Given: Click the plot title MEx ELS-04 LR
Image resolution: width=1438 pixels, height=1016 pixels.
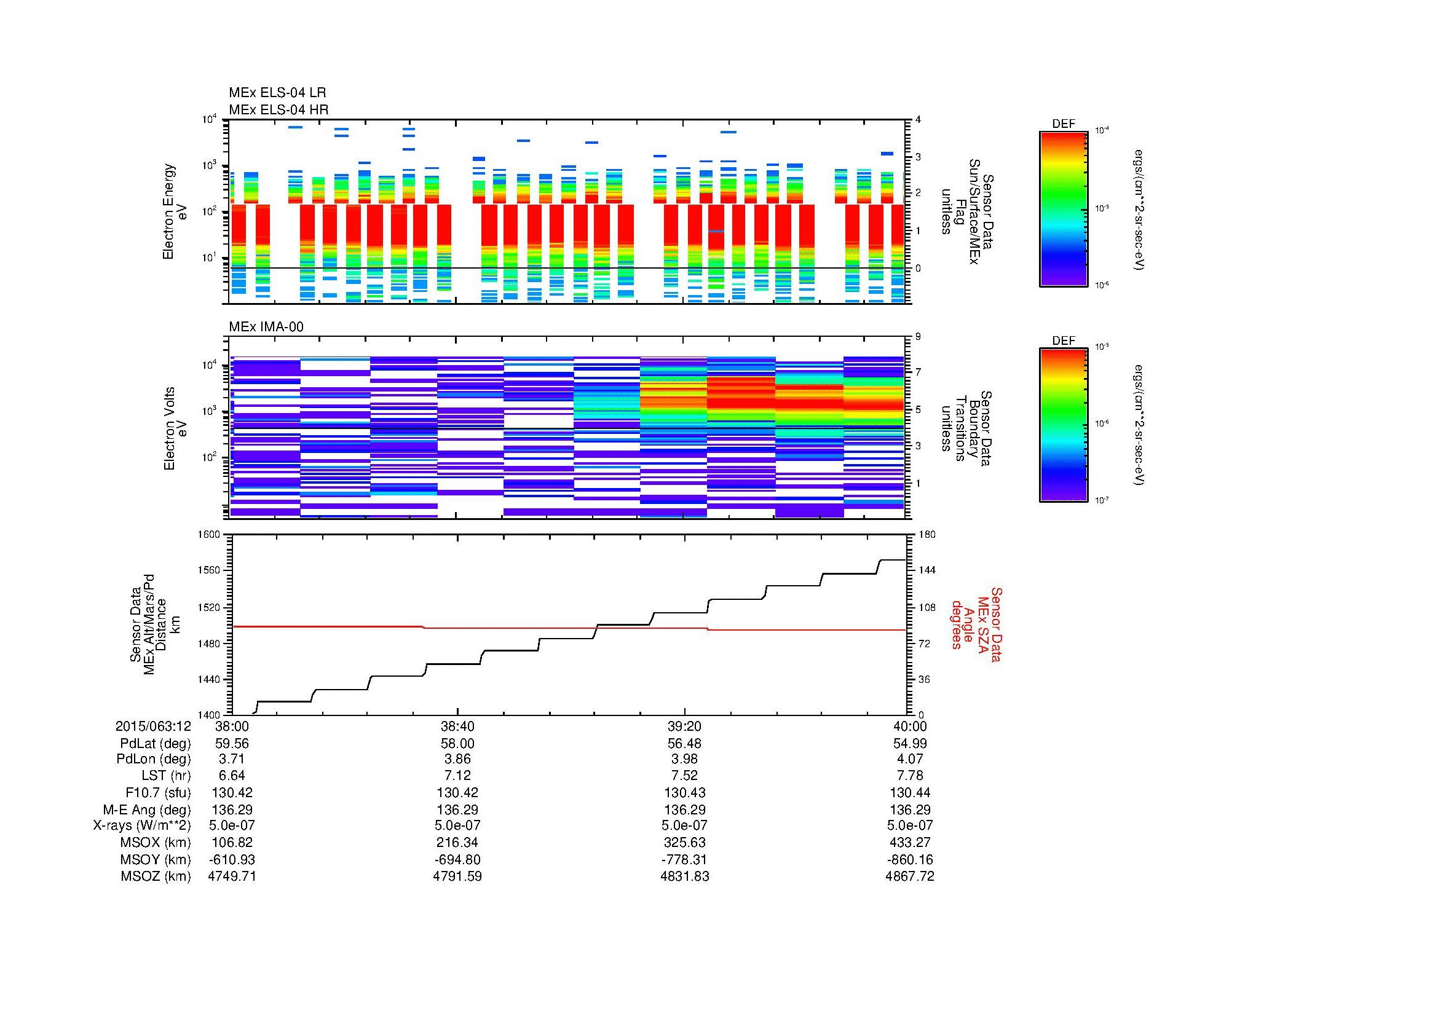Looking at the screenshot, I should click(x=277, y=93).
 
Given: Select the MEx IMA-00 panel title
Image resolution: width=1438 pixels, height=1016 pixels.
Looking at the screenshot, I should click(x=266, y=327).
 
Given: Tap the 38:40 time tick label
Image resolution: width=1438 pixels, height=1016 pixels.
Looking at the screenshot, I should click(x=457, y=726).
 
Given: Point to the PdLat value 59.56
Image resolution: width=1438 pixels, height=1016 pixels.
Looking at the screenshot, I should click(x=232, y=743).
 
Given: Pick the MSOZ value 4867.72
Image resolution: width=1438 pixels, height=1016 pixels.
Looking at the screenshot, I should click(x=909, y=876).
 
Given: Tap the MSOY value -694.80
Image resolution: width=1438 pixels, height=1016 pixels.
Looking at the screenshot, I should click(x=457, y=859).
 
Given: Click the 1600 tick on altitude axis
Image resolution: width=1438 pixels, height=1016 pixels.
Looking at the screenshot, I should click(x=210, y=535).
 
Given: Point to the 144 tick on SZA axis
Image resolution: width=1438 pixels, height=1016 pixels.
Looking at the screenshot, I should click(x=927, y=570).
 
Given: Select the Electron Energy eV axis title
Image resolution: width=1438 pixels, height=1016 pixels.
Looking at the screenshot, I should click(x=175, y=211).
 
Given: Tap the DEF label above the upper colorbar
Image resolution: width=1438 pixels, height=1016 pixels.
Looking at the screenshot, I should click(x=1064, y=124).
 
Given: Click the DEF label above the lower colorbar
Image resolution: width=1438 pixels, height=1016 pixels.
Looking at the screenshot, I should click(x=1064, y=341).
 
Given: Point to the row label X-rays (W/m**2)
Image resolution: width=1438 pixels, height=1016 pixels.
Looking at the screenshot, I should click(x=141, y=825).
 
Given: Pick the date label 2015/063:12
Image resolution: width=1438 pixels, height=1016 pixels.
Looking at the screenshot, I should click(x=153, y=726).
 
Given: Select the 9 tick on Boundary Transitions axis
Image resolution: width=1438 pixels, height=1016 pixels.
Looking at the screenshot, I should click(x=918, y=337).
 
